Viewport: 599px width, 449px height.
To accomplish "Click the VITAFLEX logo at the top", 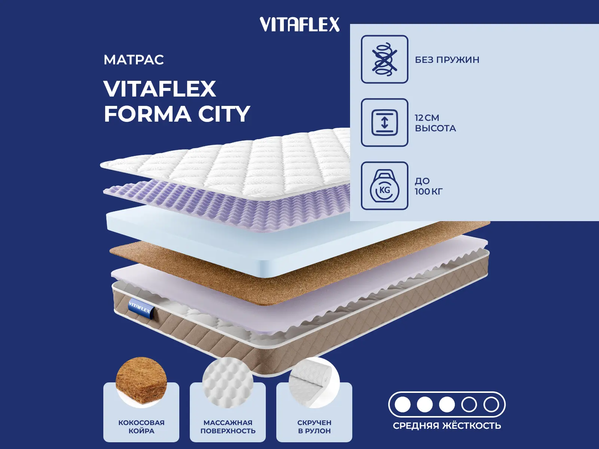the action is click(x=299, y=25).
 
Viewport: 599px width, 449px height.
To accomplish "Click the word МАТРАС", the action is click(x=134, y=60).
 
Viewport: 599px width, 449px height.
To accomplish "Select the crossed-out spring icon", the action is click(x=384, y=59).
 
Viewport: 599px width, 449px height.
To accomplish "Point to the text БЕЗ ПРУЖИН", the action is click(x=447, y=60).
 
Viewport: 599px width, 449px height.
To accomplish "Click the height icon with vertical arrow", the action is click(x=384, y=122).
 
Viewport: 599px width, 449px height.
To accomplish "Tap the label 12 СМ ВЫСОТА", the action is click(x=435, y=123).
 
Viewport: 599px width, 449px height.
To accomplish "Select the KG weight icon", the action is click(x=384, y=186).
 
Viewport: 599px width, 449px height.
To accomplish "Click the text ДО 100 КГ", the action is click(x=428, y=186).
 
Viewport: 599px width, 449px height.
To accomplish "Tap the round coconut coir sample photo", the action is click(x=142, y=382).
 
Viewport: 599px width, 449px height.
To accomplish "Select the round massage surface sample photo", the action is click(x=228, y=382).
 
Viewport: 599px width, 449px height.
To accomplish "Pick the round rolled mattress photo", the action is click(x=314, y=382).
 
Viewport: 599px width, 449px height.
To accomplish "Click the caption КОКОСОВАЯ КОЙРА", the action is click(x=142, y=427).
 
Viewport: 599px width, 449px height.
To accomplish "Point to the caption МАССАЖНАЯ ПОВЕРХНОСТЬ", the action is click(x=228, y=427).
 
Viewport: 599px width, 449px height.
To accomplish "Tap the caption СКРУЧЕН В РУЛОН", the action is click(x=314, y=427).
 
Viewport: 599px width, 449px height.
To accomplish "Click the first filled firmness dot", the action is click(x=402, y=404).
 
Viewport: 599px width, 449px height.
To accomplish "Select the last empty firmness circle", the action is click(x=491, y=404).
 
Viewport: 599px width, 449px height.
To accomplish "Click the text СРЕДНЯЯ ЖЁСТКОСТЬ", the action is click(x=447, y=425).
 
